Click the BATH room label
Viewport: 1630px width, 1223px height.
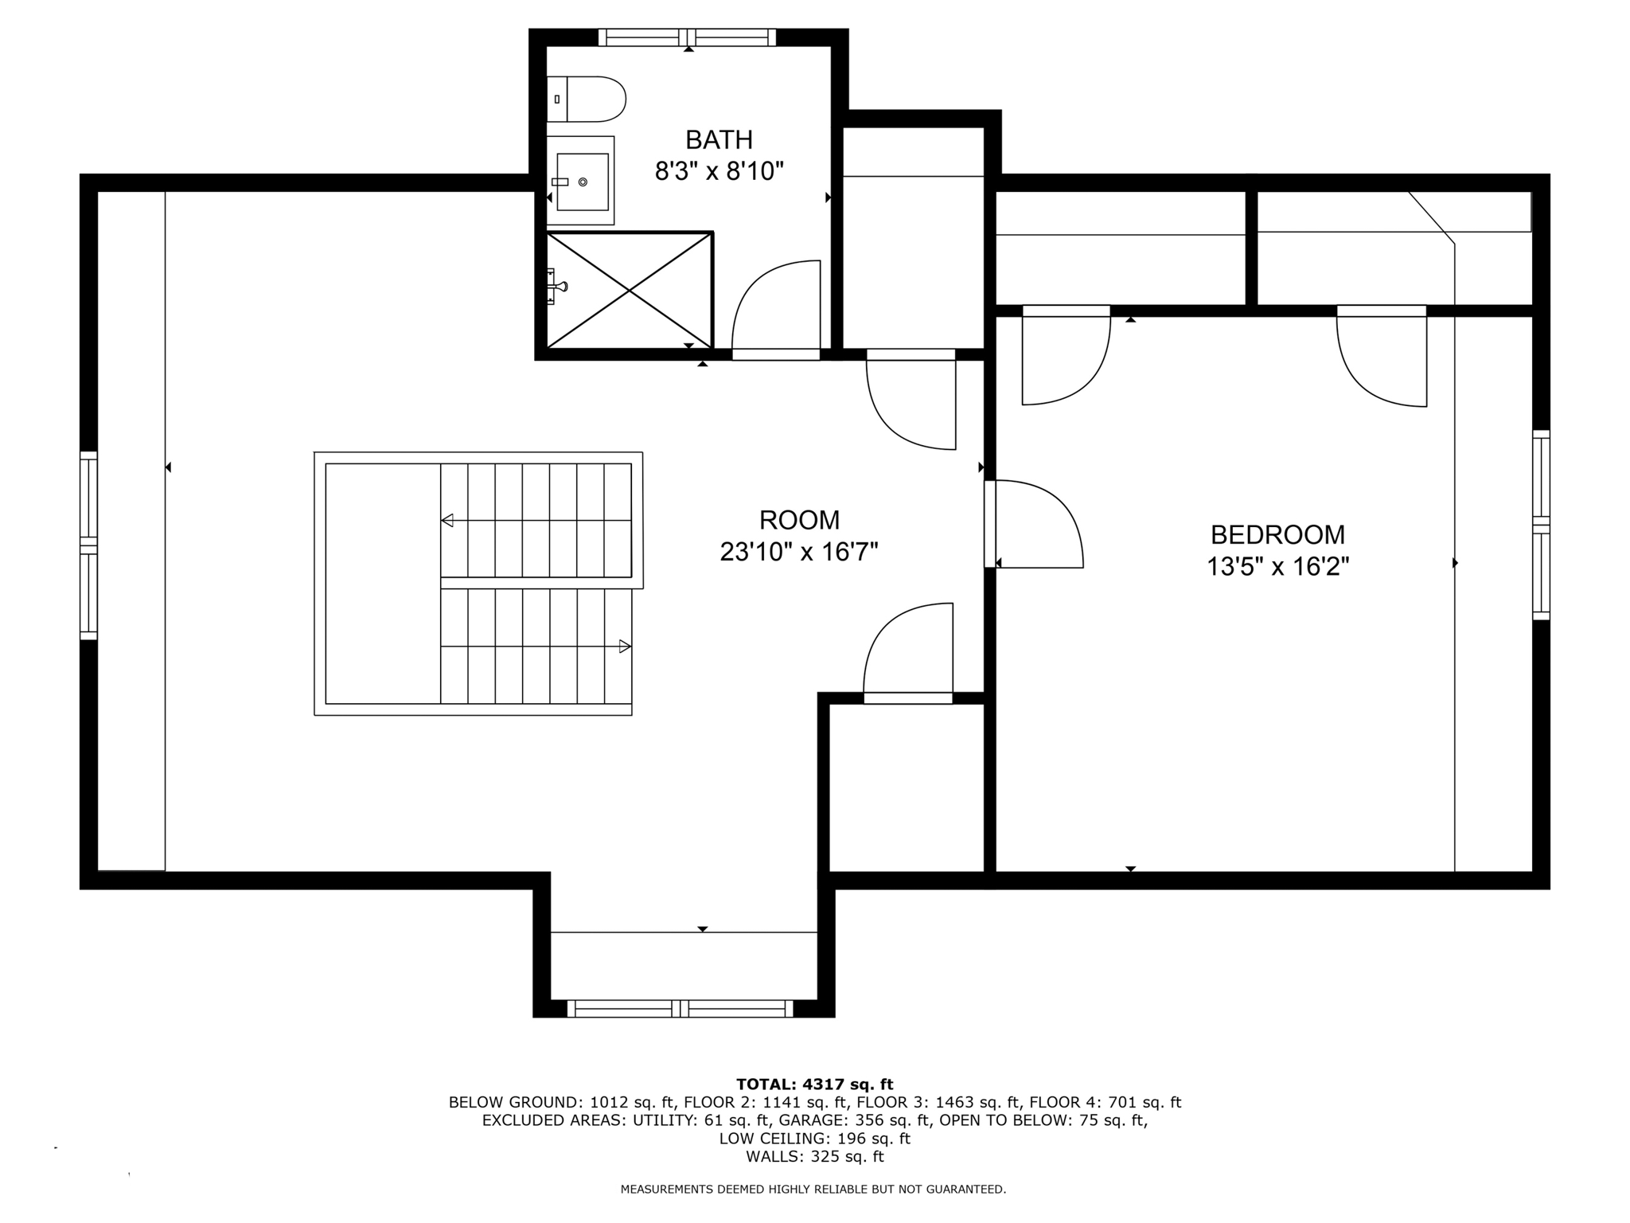click(x=719, y=140)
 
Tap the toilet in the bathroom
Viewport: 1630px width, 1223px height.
click(x=587, y=100)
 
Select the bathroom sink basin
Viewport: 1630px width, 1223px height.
click(x=582, y=182)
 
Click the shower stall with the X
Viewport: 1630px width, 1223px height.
click(x=629, y=291)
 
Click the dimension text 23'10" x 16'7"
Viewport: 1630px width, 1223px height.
click(x=798, y=552)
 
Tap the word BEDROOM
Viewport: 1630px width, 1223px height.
click(x=1277, y=534)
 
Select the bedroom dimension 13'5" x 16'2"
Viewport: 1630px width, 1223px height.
click(x=1277, y=567)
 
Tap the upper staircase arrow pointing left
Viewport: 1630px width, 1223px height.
click(x=448, y=521)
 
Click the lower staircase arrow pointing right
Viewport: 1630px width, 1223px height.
click(x=625, y=647)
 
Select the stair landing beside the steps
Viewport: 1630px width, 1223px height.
click(x=383, y=584)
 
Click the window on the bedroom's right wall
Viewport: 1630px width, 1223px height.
click(x=1541, y=526)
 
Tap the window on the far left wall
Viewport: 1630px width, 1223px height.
click(x=88, y=545)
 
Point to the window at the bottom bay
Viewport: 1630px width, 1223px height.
click(x=680, y=1009)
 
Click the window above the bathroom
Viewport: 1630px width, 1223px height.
click(x=687, y=37)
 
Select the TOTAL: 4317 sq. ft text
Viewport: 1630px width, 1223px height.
click(x=814, y=1084)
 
